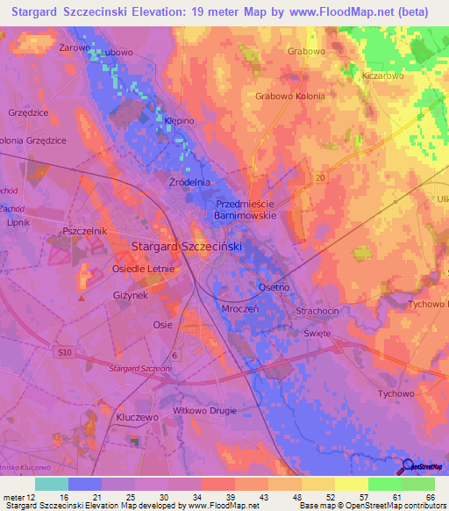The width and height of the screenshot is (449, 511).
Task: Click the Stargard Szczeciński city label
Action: [186, 247]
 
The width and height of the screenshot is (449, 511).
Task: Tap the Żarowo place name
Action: [75, 48]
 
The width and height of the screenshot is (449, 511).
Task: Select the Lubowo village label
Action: [117, 53]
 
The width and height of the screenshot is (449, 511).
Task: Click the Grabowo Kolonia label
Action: [290, 95]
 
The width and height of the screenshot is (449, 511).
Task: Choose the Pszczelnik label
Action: [84, 230]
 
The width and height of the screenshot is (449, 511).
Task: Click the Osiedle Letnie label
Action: [144, 269]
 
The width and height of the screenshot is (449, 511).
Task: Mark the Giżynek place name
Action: [130, 297]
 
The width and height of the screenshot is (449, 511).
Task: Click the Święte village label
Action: [317, 334]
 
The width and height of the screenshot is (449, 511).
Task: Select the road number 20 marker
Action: [320, 177]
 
